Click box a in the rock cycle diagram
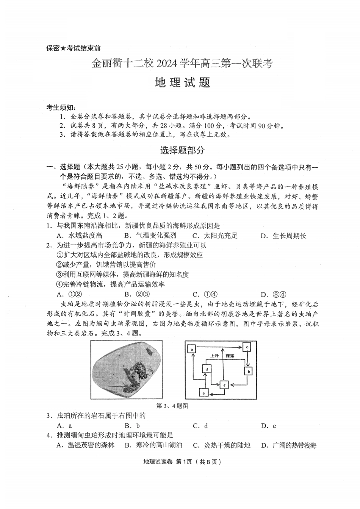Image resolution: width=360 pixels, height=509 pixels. pos(192,348)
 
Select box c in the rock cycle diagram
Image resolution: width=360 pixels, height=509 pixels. pos(247,347)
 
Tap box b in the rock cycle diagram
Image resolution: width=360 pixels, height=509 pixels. pos(249,372)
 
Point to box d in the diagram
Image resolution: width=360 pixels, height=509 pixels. pos(207,368)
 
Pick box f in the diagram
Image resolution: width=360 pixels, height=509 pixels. pos(225,385)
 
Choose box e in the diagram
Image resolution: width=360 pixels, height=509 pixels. pos(204,393)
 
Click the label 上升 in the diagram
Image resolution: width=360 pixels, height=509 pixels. pos(215,356)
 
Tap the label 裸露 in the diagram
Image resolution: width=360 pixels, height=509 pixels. pos(230,356)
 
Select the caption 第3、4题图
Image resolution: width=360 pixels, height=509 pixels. pos(172,406)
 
